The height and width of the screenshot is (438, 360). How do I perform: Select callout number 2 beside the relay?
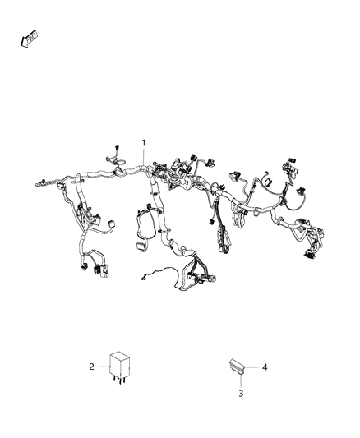tap(92, 367)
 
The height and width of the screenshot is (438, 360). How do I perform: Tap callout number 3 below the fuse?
tap(242, 394)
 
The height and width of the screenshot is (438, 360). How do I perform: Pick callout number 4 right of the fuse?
tap(265, 367)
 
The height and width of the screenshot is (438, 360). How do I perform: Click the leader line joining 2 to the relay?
tap(102, 367)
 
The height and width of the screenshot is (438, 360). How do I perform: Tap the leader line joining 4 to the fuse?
tap(253, 367)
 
